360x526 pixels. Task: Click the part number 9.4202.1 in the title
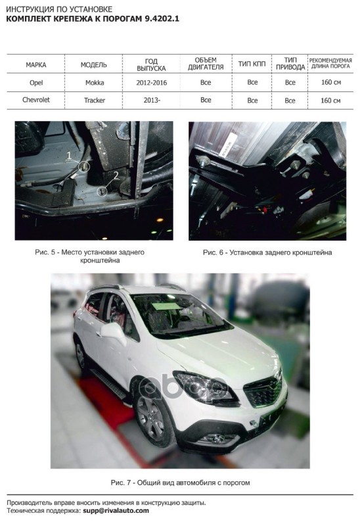162,19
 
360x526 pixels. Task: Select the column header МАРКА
36,64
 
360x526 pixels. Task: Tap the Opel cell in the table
36,83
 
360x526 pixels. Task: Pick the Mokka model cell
95,83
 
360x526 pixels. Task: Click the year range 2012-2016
152,83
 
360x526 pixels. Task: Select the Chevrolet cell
36,100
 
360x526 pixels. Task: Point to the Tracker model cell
95,100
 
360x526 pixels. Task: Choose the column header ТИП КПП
252,64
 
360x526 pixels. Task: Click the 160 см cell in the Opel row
331,82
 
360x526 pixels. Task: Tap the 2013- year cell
152,100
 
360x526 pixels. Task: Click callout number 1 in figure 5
70,155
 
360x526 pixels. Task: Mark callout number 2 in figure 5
116,175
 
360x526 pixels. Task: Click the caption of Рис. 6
267,252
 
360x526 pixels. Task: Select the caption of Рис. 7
180,483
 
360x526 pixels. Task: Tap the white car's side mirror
114,333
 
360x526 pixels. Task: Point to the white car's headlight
205,389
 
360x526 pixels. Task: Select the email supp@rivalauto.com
116,511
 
